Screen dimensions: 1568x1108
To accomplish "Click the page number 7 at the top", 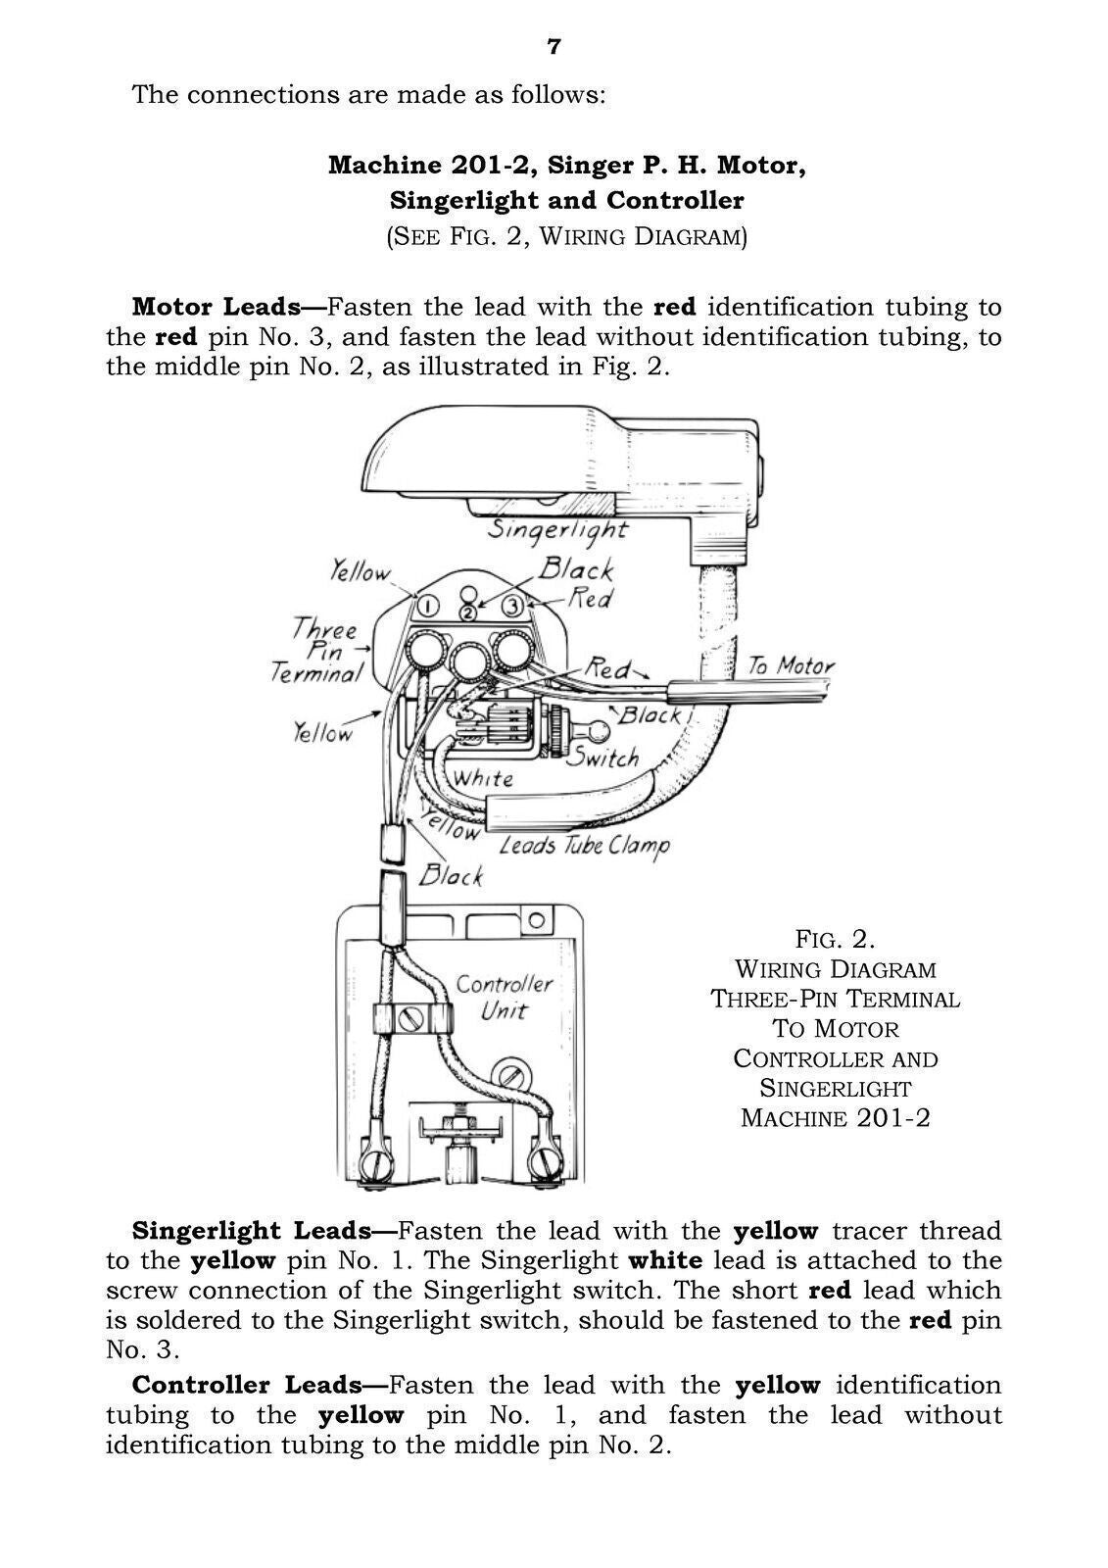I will click(554, 47).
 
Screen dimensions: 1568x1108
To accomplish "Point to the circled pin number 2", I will click(468, 612).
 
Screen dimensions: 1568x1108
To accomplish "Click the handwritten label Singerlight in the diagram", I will click(557, 529).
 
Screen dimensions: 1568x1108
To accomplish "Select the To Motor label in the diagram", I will click(790, 666).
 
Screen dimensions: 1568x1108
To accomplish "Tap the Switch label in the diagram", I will click(602, 757).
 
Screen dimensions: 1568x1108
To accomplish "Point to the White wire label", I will click(483, 778).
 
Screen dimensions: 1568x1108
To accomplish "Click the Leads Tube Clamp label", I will click(584, 845).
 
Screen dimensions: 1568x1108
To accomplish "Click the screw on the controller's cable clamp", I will click(410, 1017).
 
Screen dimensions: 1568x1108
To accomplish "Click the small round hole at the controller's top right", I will click(536, 921).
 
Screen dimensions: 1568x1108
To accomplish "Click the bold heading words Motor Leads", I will click(215, 307).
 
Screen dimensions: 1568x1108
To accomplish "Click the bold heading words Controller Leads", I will click(246, 1385).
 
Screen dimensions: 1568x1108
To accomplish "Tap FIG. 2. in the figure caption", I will click(835, 939).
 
